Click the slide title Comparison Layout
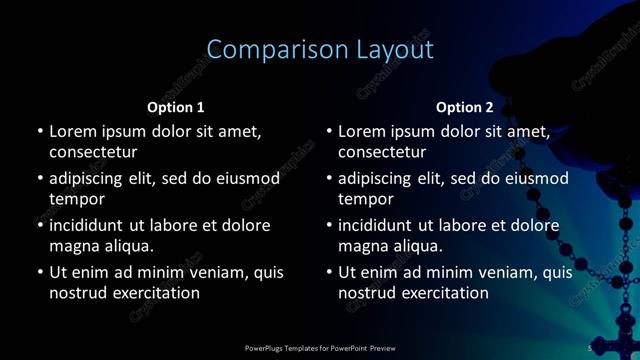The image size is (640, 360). [x=320, y=50]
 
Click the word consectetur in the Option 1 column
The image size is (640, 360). [x=93, y=153]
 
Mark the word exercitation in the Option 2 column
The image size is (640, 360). [x=440, y=294]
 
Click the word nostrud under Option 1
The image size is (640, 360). [x=78, y=294]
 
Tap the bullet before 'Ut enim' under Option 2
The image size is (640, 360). [x=329, y=272]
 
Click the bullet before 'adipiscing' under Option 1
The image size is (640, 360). [x=40, y=178]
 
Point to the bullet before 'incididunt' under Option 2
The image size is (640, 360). [x=329, y=225]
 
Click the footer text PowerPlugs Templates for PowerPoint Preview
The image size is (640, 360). [x=320, y=348]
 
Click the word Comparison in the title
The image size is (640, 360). [x=267, y=50]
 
